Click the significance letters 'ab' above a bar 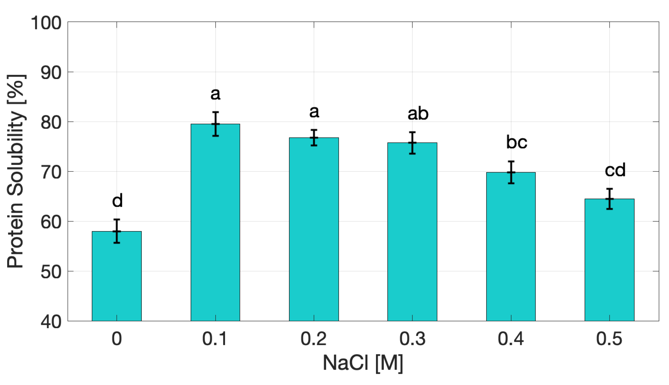click(x=418, y=114)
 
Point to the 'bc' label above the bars click(x=516, y=142)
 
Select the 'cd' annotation click(x=615, y=170)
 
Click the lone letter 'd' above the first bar click(x=117, y=200)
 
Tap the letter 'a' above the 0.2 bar click(x=314, y=111)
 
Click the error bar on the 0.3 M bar click(x=412, y=143)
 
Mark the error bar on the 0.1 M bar click(x=215, y=124)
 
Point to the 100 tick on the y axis click(x=46, y=23)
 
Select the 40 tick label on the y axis click(x=51, y=322)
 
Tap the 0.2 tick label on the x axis click(x=313, y=339)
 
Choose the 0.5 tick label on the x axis click(x=609, y=339)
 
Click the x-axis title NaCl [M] click(x=363, y=363)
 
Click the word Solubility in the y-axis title click(x=16, y=153)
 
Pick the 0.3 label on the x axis click(x=412, y=339)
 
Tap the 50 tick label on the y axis click(x=51, y=272)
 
